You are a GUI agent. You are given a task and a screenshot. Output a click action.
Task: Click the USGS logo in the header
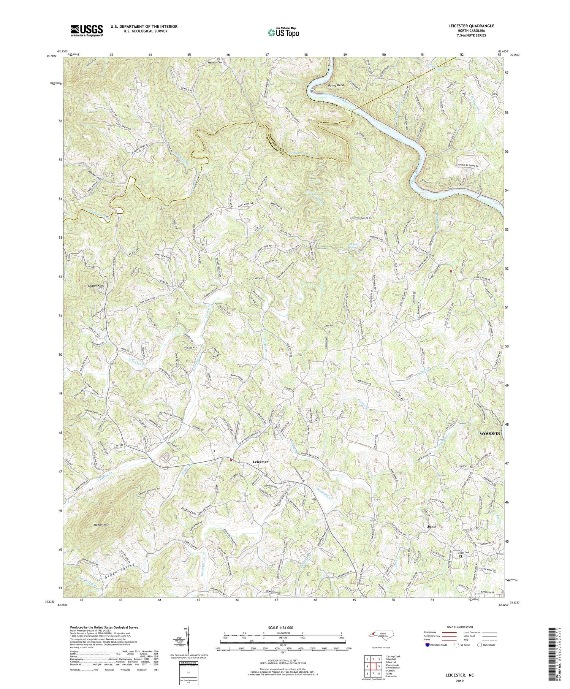click(86, 30)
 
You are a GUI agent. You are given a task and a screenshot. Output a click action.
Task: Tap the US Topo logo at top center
click(283, 32)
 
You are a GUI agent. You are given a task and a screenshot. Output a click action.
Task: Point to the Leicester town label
click(260, 461)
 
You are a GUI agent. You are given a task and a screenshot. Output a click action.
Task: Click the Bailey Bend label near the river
click(335, 86)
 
